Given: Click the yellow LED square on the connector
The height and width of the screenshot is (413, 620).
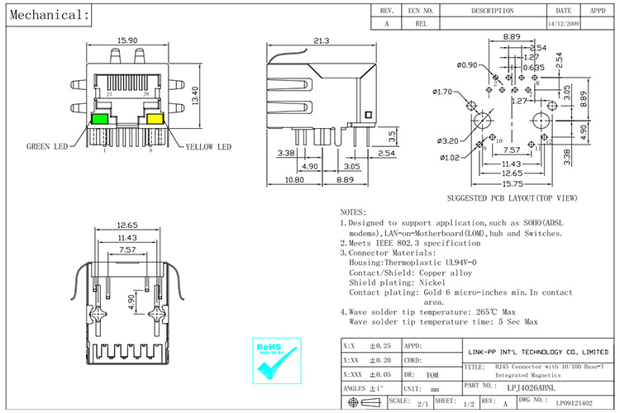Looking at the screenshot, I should pyautogui.click(x=154, y=120).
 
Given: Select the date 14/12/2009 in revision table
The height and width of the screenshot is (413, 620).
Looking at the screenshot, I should pyautogui.click(x=564, y=24).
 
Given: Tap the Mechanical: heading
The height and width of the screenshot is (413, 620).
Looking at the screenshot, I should pyautogui.click(x=46, y=15).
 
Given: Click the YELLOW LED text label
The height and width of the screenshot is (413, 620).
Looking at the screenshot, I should pyautogui.click(x=207, y=147).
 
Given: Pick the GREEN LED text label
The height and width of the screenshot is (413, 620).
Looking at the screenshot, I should pyautogui.click(x=50, y=147).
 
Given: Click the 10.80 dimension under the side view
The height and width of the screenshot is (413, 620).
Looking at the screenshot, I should pyautogui.click(x=294, y=179).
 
